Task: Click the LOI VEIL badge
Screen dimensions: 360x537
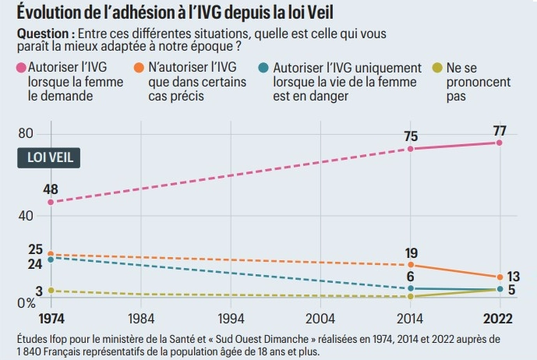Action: point(49,156)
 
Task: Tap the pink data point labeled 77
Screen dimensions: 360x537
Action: point(499,143)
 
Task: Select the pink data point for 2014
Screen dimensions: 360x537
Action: point(411,148)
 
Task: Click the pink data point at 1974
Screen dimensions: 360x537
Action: point(51,202)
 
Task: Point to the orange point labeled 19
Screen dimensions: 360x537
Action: point(411,266)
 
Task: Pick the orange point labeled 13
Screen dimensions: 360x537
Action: point(499,277)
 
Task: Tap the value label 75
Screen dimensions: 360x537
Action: point(411,136)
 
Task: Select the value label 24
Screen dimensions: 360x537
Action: point(34,264)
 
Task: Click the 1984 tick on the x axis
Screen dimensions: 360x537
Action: point(140,319)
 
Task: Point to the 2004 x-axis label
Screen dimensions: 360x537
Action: point(320,319)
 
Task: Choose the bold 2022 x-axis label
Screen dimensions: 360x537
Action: point(499,319)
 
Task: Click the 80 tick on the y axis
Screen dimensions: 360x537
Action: point(26,133)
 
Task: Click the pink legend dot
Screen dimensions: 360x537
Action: point(21,69)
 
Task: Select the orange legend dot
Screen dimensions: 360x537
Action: point(141,69)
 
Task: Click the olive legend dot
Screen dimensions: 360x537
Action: point(439,69)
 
